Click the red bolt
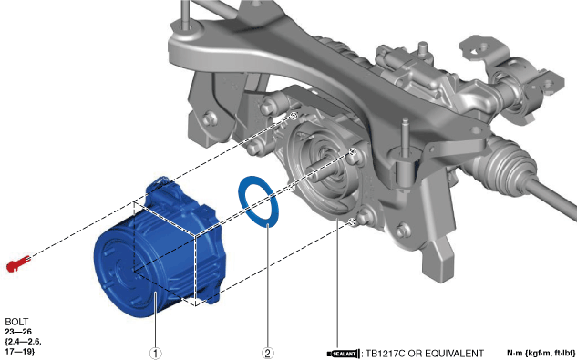(x=18, y=262)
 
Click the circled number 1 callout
(x=155, y=354)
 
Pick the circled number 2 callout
(x=267, y=354)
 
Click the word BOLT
(x=16, y=322)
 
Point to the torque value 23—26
(x=18, y=332)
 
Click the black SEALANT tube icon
(x=344, y=355)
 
